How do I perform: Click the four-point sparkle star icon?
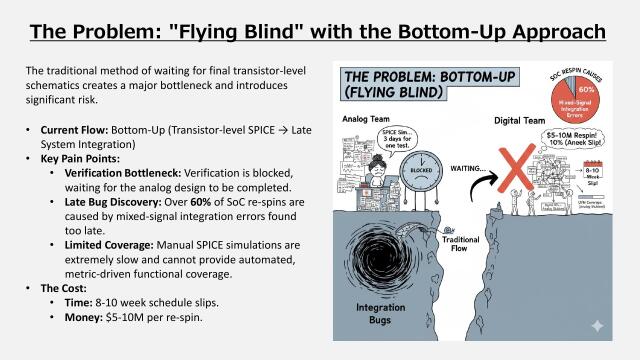[x=599, y=326]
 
